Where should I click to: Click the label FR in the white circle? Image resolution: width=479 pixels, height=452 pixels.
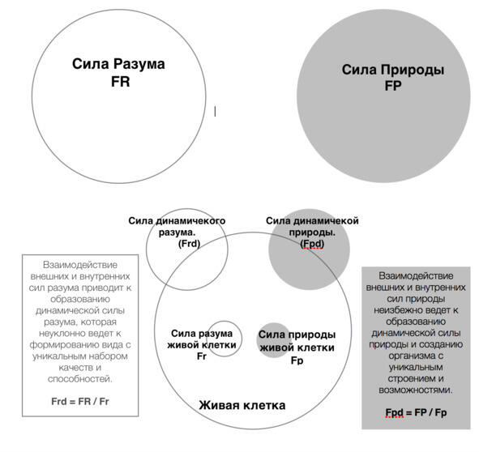[x=121, y=82]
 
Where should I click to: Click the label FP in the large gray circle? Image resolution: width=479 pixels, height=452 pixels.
[x=393, y=86]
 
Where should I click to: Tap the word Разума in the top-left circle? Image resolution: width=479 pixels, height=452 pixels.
[x=139, y=64]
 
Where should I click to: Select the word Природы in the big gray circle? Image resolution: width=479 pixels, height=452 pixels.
[x=413, y=70]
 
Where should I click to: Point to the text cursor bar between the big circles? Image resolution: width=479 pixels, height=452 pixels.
[x=215, y=111]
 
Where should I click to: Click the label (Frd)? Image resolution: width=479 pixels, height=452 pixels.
[x=189, y=244]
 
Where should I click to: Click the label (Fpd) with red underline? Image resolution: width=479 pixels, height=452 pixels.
[x=312, y=244]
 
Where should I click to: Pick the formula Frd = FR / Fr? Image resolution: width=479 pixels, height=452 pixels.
[x=80, y=401]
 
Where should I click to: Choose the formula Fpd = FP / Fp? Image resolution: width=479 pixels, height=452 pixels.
[x=416, y=412]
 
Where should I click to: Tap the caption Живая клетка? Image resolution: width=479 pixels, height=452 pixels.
[x=242, y=405]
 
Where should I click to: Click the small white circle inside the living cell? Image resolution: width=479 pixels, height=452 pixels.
[x=224, y=322]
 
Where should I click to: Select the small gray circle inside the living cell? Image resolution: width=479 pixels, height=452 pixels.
[x=274, y=340]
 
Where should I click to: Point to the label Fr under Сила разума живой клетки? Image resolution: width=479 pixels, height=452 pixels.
[x=202, y=356]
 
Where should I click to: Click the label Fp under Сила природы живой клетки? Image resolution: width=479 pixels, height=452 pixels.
[x=297, y=360]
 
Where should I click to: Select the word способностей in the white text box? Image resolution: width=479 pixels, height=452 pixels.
[x=80, y=379]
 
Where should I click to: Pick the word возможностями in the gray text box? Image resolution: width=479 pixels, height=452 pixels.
[x=416, y=390]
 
